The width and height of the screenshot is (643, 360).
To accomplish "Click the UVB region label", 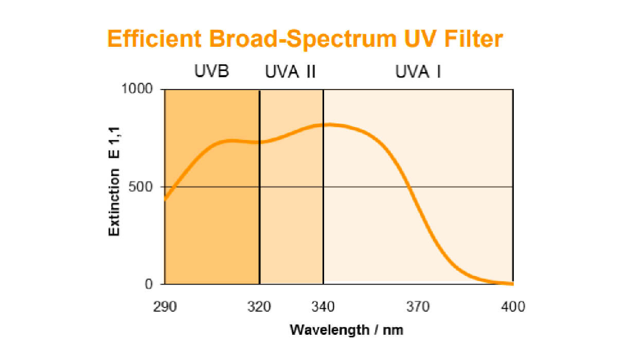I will click(211, 71).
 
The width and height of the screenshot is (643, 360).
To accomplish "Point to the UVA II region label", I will click(291, 71).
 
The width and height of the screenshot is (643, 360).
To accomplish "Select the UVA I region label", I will click(418, 71).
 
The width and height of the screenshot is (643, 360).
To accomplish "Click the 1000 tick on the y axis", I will click(137, 89).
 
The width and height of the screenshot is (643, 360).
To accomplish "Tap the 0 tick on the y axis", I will click(149, 283).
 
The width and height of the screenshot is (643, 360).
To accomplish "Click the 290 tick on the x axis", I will click(165, 307).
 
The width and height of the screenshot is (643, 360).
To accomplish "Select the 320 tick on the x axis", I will click(259, 307).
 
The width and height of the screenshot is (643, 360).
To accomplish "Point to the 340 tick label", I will click(323, 307).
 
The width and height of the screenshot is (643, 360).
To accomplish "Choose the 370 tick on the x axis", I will click(418, 307).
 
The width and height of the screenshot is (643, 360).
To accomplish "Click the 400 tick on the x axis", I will click(513, 307).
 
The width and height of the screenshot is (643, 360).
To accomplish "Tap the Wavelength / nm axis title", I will click(347, 330).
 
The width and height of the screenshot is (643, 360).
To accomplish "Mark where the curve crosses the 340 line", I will click(324, 124).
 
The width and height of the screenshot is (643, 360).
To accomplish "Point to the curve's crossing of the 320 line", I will click(260, 142).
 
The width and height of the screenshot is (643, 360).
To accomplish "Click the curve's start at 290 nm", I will click(165, 199).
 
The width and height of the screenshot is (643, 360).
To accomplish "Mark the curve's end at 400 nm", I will click(512, 283).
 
